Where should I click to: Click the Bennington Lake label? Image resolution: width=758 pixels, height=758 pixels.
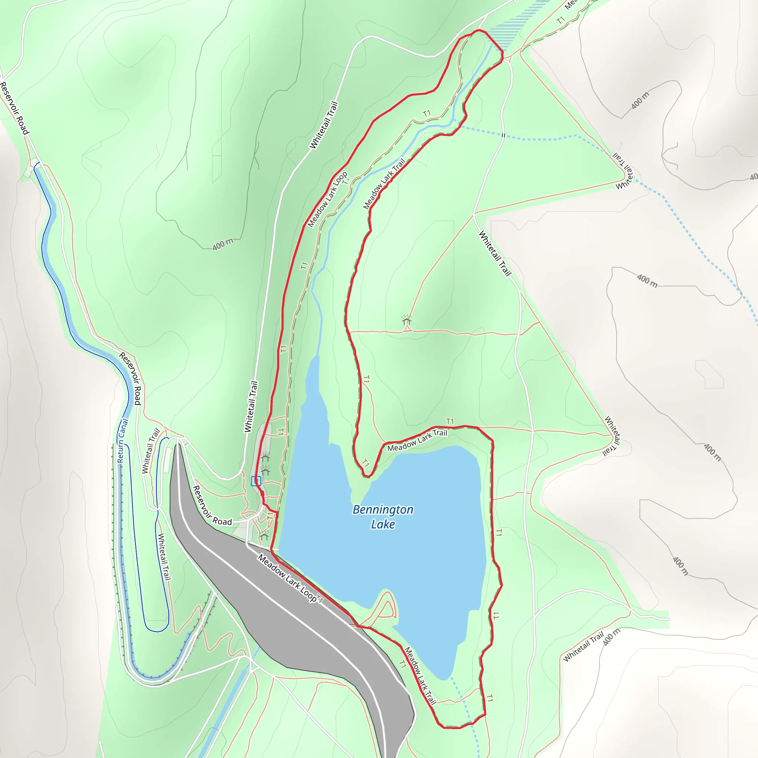383,517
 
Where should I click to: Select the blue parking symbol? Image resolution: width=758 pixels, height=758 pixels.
256,481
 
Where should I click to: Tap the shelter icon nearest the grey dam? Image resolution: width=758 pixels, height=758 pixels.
264,535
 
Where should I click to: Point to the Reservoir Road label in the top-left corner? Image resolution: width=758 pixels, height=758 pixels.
15,108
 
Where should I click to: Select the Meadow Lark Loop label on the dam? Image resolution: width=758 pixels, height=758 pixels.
287,578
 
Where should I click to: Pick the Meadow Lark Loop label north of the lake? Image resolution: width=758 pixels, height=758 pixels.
328,199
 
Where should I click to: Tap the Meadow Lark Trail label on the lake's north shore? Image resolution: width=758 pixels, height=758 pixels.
417,440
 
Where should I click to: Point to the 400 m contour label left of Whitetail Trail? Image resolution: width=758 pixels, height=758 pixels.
223,244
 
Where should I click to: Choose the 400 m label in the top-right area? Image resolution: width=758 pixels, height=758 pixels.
640,100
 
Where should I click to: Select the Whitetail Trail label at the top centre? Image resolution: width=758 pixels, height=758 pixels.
324,125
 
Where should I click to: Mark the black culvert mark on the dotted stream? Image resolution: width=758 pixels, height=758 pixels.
503,135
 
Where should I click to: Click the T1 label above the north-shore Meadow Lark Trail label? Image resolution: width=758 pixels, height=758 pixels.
450,421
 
